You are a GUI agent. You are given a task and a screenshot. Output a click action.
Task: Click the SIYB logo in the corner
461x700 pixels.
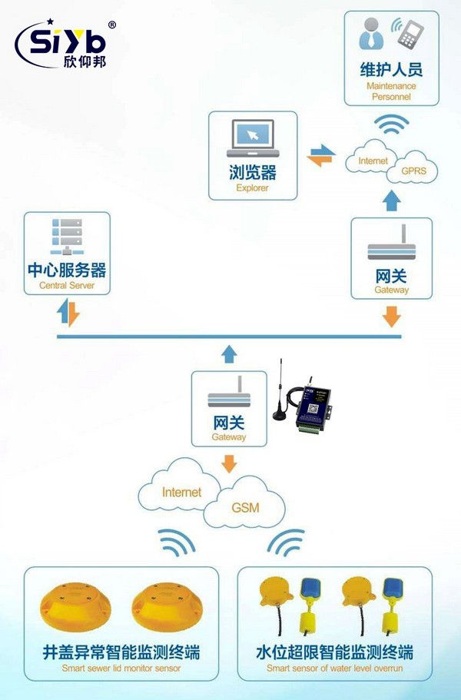point(65,44)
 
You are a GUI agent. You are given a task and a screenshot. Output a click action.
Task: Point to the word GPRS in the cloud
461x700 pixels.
point(416,171)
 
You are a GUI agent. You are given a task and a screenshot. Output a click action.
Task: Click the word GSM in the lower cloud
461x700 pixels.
point(247,508)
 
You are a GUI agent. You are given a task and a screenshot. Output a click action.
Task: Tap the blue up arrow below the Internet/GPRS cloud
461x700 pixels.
point(392,201)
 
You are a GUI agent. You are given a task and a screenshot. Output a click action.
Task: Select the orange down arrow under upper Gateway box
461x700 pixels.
point(392,316)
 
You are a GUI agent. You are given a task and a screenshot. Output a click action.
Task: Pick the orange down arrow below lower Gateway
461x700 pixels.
point(229,463)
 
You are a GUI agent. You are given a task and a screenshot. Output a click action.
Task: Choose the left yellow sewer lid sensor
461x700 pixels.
point(75,606)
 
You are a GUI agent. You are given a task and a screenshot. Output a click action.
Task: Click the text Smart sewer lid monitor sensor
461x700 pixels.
point(122,669)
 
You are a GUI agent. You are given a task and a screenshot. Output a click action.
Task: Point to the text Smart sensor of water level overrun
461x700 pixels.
point(335,669)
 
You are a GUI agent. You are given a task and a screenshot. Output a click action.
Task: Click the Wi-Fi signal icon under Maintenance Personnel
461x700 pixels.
point(392,124)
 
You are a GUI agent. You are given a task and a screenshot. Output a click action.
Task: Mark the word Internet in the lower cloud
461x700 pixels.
point(181,492)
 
